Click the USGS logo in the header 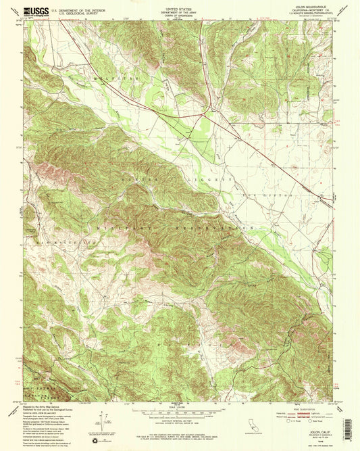click(35, 10)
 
